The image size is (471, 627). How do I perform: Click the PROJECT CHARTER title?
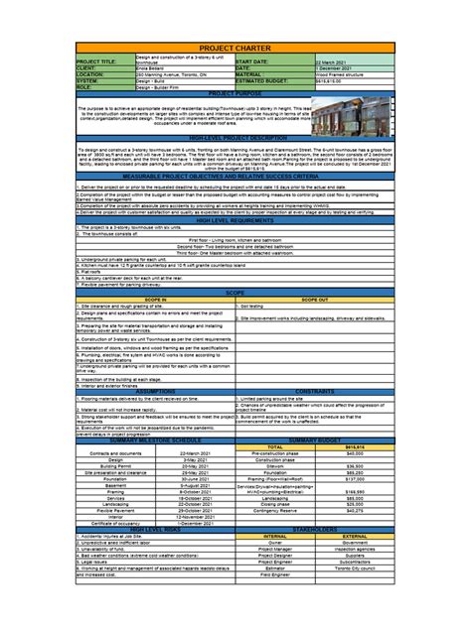[x=235, y=48]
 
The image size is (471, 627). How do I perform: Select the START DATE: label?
[x=256, y=61]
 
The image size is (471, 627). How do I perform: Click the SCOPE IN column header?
[x=155, y=297]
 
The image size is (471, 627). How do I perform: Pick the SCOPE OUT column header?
[x=314, y=297]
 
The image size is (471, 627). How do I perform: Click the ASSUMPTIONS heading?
[x=155, y=391]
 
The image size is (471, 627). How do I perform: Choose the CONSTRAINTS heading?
[x=314, y=391]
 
